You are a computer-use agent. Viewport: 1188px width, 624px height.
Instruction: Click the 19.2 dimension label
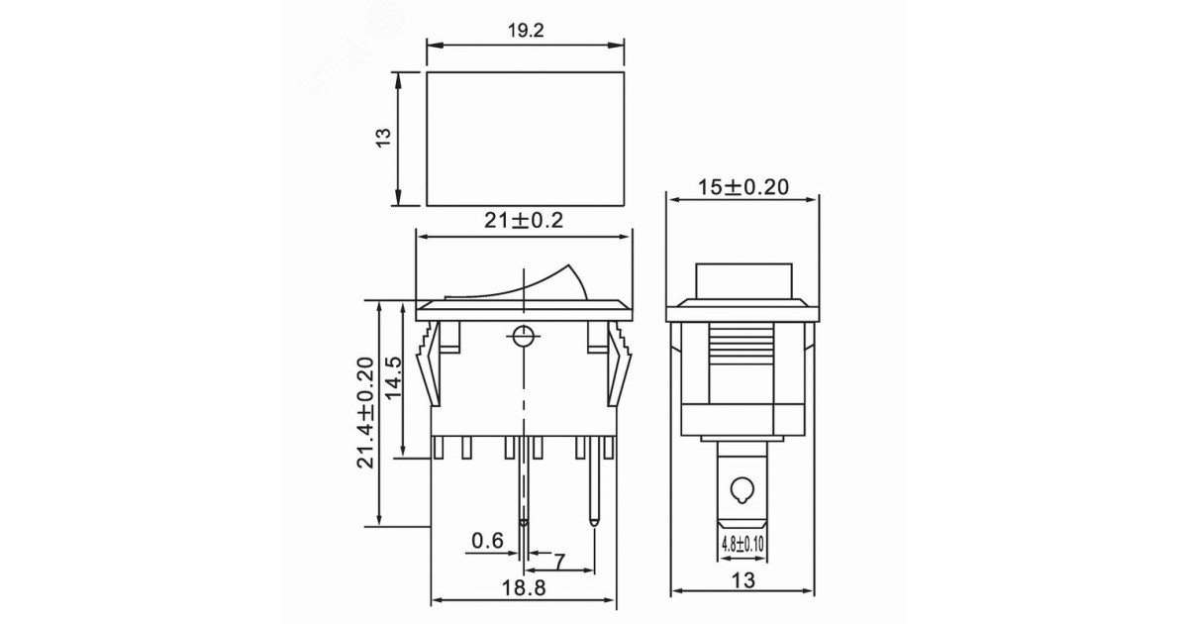pos(525,31)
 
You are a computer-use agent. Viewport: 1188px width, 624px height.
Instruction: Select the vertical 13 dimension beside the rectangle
pos(385,138)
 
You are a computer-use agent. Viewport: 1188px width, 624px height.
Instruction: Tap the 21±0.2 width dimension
pos(524,221)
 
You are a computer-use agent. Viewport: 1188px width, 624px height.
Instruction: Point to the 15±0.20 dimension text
pos(744,186)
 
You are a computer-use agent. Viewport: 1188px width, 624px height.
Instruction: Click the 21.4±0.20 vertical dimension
pos(365,412)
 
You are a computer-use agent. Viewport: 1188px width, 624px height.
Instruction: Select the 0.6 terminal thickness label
pos(488,540)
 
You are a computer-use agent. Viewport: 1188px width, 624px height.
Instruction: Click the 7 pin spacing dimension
pos(559,562)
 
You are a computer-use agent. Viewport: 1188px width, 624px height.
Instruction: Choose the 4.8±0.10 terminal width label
pos(743,543)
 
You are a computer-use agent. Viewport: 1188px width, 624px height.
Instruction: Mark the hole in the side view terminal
pos(742,489)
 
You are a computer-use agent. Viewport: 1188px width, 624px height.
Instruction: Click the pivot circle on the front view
pos(521,335)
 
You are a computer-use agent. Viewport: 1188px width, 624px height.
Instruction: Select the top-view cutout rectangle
pos(526,139)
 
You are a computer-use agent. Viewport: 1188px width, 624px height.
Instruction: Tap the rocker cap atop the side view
pos(743,281)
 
